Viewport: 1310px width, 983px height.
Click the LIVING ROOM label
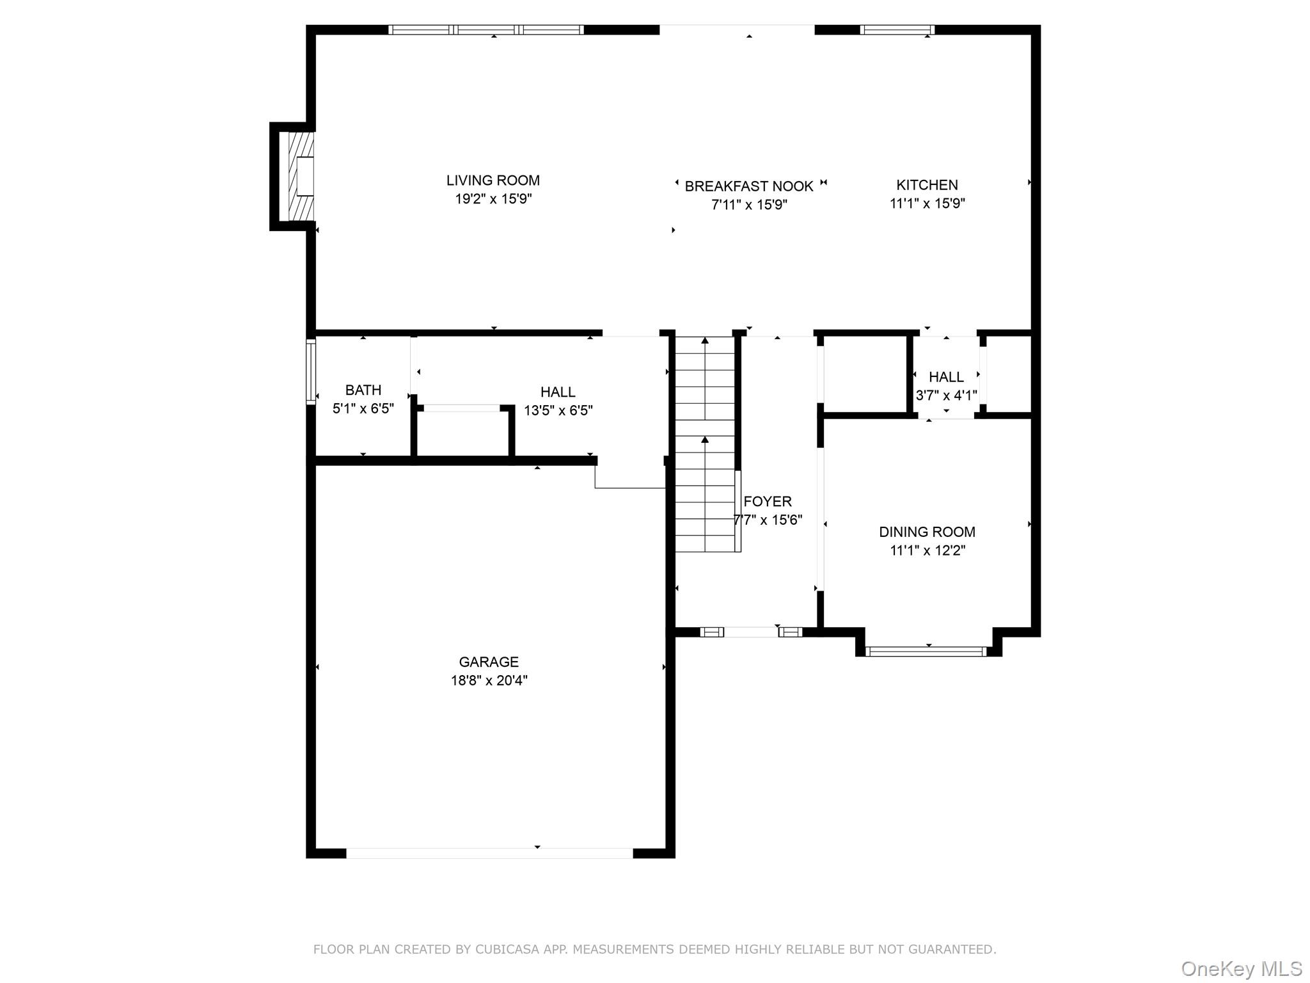(x=493, y=180)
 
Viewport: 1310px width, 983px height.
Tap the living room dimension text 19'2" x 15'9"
(x=493, y=199)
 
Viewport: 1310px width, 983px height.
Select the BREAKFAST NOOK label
(x=748, y=186)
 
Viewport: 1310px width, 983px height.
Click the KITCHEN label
(x=927, y=185)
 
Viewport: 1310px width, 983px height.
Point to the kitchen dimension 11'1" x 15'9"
(x=927, y=204)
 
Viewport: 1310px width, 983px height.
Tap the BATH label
(x=363, y=390)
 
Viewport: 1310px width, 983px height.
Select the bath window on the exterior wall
(x=311, y=372)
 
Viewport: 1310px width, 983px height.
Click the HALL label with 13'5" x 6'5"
(x=557, y=392)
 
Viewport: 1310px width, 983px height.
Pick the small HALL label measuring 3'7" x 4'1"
(x=946, y=377)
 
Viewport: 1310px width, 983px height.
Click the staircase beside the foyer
(x=705, y=444)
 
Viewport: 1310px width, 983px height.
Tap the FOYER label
(x=768, y=501)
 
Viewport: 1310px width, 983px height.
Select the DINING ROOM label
(x=927, y=532)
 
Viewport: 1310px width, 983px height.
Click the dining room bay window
(x=927, y=651)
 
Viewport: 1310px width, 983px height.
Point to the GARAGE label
(x=489, y=662)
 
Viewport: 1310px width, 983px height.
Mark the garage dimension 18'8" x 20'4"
(x=489, y=680)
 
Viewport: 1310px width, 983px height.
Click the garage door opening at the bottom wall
(x=489, y=853)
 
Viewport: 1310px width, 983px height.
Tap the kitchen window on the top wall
(x=897, y=29)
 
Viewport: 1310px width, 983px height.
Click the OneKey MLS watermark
(x=1241, y=969)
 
